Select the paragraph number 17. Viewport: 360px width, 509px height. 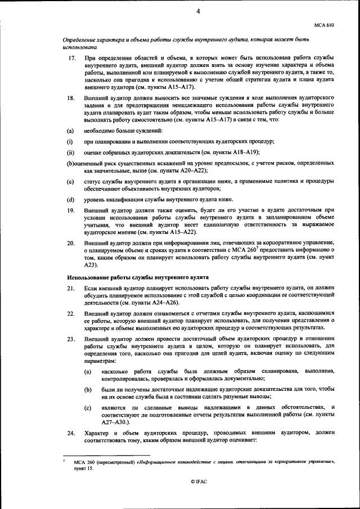click(x=71, y=59)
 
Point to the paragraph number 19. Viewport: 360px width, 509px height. click(x=71, y=210)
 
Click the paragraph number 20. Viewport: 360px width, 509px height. click(x=71, y=242)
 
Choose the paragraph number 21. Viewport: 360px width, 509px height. click(x=71, y=288)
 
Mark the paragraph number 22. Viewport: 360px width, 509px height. click(x=71, y=313)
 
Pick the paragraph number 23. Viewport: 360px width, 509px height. click(x=71, y=340)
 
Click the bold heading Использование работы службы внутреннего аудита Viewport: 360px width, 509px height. click(x=138, y=278)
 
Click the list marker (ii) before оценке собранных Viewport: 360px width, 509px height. click(x=71, y=152)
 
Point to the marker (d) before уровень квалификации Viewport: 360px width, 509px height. click(x=70, y=199)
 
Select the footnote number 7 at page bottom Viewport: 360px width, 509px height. click(x=64, y=461)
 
